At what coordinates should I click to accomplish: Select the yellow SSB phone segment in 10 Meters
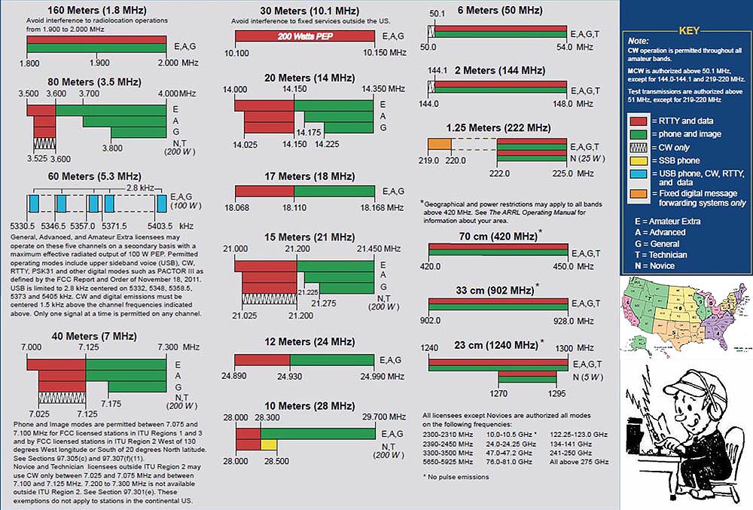click(268, 444)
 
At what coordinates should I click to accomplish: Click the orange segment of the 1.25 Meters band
click(439, 143)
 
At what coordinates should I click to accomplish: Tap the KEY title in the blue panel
click(689, 31)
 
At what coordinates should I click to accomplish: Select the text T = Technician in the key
click(660, 255)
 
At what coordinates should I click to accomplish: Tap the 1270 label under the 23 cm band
click(498, 393)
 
